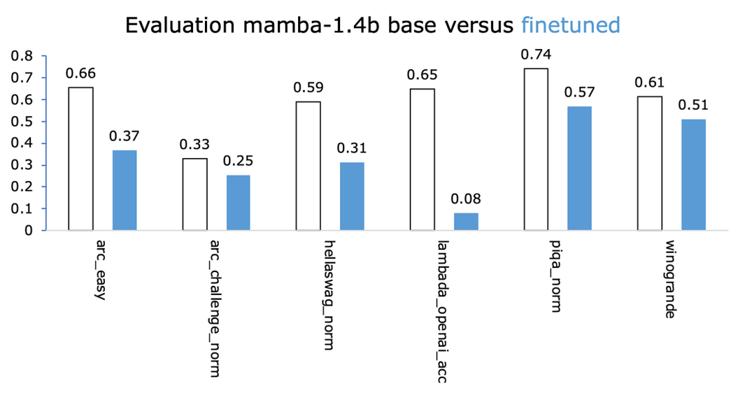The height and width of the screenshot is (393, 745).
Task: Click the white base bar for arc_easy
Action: point(81,158)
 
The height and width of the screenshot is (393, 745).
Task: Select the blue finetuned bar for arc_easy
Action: point(124,190)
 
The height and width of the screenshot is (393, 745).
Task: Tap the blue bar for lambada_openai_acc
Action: point(466,221)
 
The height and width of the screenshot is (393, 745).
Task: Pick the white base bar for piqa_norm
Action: point(536,149)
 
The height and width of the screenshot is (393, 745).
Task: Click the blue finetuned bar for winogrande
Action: point(693,174)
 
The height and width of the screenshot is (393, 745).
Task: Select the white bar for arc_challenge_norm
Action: point(195,194)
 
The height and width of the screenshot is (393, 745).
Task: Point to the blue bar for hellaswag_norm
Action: point(352,196)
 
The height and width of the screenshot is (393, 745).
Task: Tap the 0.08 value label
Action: point(466,199)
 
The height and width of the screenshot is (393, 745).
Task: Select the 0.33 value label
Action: point(194,145)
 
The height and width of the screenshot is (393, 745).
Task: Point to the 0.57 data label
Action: point(579,93)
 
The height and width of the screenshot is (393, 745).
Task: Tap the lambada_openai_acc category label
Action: point(442,310)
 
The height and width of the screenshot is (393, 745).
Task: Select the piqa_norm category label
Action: point(556,276)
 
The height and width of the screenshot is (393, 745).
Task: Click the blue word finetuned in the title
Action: point(570,26)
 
